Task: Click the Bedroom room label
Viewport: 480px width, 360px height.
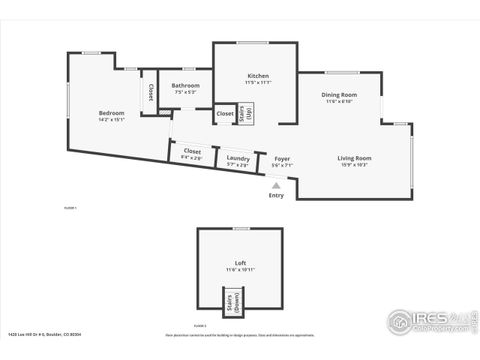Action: tap(111, 113)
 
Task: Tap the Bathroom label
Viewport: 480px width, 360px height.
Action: tap(185, 86)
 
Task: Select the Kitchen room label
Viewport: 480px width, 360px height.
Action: tap(258, 76)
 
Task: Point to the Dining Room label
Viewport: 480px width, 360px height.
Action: tap(339, 94)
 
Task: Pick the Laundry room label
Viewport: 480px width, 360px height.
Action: tap(238, 158)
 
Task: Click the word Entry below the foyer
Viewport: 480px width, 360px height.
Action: tap(276, 195)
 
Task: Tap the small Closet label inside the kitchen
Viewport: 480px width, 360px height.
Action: tap(225, 114)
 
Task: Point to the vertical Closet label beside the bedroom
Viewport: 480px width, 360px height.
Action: tap(151, 92)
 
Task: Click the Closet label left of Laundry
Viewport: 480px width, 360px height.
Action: tap(192, 151)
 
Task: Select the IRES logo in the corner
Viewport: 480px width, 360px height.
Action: tap(429, 321)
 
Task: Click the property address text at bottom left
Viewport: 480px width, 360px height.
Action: tap(45, 335)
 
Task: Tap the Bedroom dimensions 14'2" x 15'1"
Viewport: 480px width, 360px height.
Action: tap(111, 120)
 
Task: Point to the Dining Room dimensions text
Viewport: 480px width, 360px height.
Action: tap(339, 101)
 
